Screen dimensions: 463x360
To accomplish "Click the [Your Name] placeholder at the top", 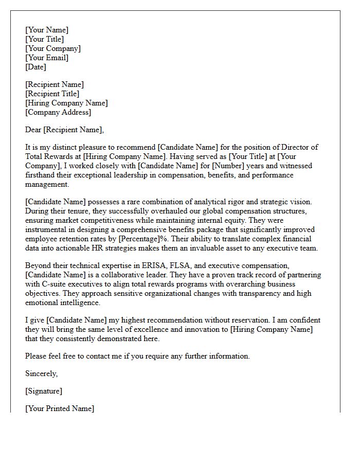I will pos(47,30).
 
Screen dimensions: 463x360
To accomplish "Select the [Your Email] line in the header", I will pos(47,58).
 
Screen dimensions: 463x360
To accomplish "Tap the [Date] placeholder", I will pos(35,67).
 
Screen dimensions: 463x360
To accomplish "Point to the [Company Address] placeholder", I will pos(58,112).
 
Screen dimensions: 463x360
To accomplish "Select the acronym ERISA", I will pos(149,265).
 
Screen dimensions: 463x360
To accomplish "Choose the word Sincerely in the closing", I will pos(41,373).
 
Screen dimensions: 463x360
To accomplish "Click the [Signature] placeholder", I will pos(44,391).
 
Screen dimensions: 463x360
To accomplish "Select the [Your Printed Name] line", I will pos(60,408).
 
